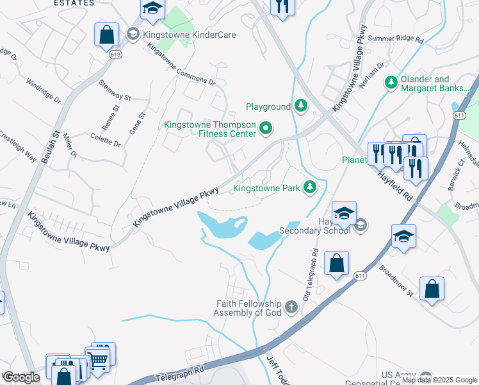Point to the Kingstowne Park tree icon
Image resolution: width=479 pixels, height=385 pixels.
click(310, 187)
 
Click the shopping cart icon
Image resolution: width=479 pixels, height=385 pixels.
click(98, 360)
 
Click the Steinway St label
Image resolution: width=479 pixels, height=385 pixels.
click(115, 90)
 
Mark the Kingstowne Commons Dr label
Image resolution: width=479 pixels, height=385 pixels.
click(182, 64)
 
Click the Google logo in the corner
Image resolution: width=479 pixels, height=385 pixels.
click(21, 377)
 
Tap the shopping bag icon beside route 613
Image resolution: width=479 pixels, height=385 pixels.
click(106, 35)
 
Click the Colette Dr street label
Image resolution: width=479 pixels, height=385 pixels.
click(106, 140)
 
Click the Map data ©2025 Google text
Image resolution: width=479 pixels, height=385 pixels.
click(439, 380)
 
